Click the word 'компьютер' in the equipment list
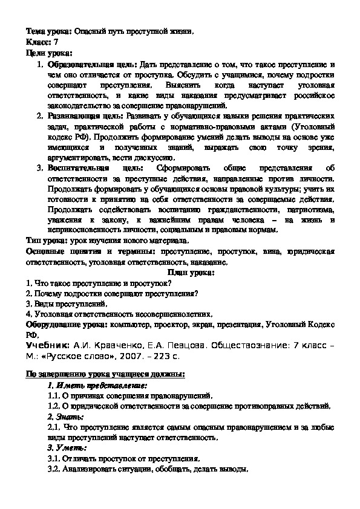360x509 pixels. pos(128,325)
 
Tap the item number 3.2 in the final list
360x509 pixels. pos(54,469)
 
